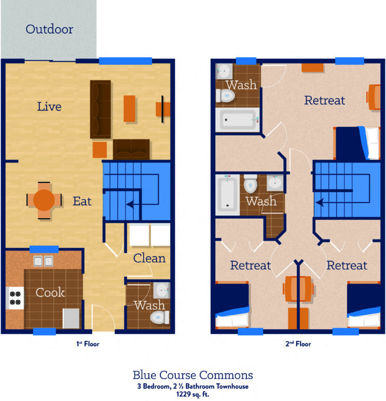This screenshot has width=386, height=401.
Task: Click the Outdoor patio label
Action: [49, 29]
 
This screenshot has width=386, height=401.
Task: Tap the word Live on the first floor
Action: [49, 107]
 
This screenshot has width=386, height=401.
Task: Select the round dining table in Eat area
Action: [44, 199]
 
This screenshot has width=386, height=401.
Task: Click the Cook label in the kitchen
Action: [50, 292]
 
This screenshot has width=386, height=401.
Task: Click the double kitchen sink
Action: [43, 261]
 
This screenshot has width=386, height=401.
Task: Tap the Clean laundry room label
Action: [149, 258]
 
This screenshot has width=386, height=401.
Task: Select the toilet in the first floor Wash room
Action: [158, 317]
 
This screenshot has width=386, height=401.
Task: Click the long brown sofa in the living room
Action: [101, 109]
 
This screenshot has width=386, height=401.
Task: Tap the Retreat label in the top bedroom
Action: [324, 100]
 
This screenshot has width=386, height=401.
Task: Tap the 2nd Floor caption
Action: [298, 344]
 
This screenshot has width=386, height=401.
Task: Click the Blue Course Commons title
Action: [193, 375]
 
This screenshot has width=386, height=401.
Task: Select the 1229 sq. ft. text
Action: [193, 394]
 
